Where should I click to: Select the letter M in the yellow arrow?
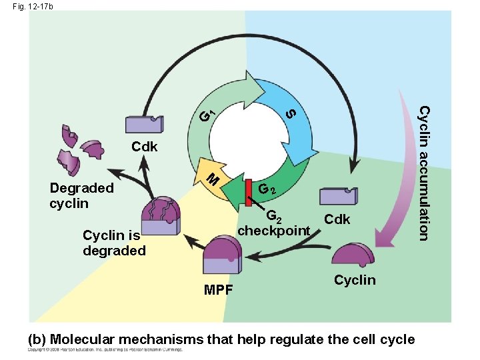[211, 179]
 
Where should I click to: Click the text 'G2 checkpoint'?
[274, 223]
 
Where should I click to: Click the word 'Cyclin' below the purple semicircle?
[355, 280]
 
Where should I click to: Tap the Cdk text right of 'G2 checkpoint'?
[337, 219]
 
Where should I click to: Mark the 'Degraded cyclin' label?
[81, 195]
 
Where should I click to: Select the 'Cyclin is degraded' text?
[113, 243]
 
